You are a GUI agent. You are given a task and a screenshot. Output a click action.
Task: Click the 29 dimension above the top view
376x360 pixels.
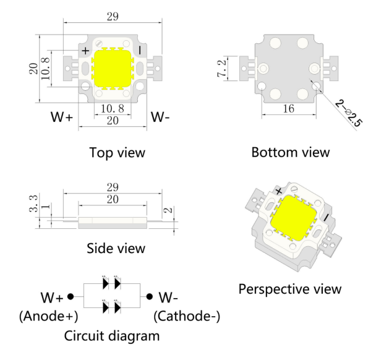(112, 17)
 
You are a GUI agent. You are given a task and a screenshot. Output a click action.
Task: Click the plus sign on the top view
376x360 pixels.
(85, 49)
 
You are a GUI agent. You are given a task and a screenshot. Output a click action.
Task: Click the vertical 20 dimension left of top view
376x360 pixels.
(35, 67)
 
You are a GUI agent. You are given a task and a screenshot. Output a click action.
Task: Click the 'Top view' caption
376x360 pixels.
(117, 152)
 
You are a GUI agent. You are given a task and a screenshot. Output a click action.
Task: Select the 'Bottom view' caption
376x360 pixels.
(291, 152)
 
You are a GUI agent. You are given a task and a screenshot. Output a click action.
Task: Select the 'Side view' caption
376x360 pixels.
(116, 248)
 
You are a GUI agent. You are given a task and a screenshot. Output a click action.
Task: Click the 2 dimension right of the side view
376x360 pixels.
(168, 212)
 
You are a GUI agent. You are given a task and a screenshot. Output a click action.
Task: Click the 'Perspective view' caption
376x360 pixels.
(289, 289)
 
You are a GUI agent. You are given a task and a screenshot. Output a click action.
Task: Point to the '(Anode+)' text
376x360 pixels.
(49, 317)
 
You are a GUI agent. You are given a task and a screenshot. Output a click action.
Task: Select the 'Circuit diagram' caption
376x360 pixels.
(112, 336)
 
